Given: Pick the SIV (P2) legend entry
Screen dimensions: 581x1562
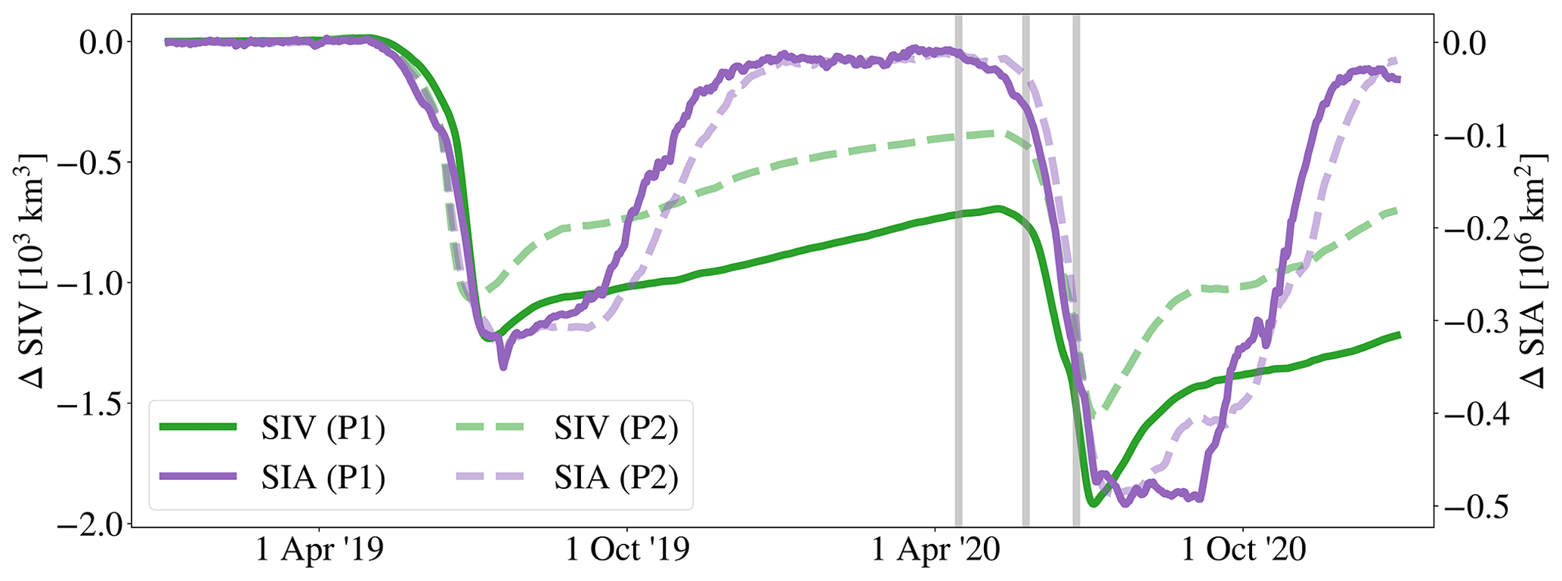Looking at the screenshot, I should pyautogui.click(x=567, y=428).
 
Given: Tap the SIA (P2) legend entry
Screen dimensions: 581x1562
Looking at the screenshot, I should pyautogui.click(x=567, y=477).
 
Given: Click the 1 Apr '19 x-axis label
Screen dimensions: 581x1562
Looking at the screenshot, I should pyautogui.click(x=320, y=551).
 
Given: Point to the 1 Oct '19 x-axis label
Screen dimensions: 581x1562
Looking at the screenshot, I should pyautogui.click(x=627, y=551).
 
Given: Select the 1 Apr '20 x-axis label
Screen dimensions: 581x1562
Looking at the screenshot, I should pyautogui.click(x=936, y=551).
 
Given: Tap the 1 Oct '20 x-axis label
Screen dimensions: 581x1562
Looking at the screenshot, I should pyautogui.click(x=1243, y=551).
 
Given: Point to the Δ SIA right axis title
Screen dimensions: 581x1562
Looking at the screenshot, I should pyautogui.click(x=1534, y=270).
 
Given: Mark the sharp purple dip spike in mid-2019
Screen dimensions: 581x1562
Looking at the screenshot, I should pyautogui.click(x=503, y=366).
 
